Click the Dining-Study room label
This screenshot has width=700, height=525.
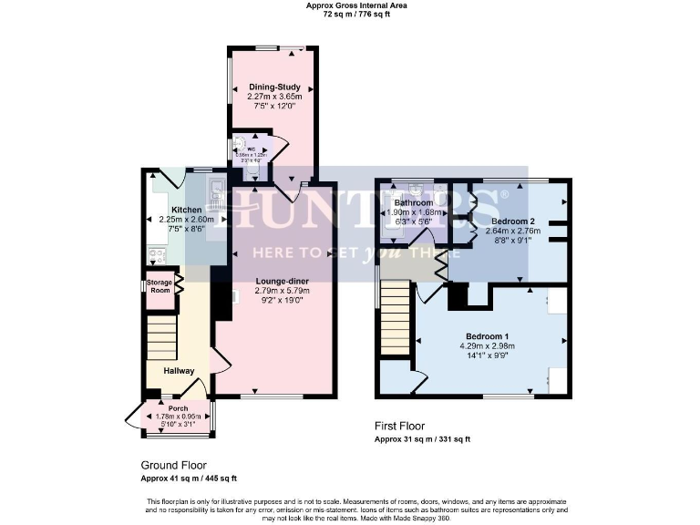click(x=274, y=87)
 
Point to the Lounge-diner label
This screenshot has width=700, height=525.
click(x=283, y=281)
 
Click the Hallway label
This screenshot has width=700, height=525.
click(x=179, y=371)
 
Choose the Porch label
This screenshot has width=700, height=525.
click(x=178, y=409)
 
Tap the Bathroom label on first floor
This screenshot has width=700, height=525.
click(x=413, y=202)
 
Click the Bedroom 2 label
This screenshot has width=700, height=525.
click(x=512, y=221)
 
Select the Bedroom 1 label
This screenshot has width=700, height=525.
click(x=487, y=336)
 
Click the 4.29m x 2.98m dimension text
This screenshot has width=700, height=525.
click(x=487, y=346)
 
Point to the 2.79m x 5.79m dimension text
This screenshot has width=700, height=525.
click(x=283, y=291)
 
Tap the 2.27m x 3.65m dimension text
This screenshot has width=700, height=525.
click(x=274, y=97)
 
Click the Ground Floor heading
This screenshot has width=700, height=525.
click(x=173, y=464)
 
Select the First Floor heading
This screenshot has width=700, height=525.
click(x=399, y=426)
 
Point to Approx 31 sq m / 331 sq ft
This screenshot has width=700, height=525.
click(x=423, y=439)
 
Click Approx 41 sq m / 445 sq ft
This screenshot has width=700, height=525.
click(x=189, y=478)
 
